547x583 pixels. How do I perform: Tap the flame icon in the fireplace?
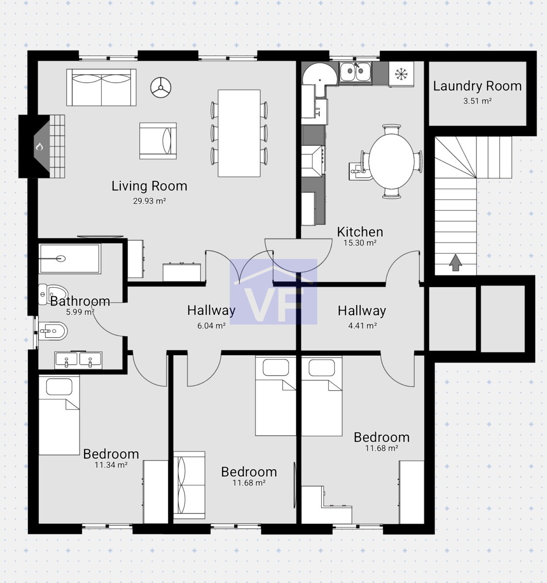click(x=39, y=147)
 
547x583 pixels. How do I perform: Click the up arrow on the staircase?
click(x=455, y=262)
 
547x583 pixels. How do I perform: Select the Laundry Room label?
click(x=478, y=86)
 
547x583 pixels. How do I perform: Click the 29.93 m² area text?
click(x=150, y=201)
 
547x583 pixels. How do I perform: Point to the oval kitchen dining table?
click(x=392, y=161)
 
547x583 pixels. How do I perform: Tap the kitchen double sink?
click(x=355, y=71)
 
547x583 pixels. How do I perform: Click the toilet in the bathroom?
click(x=53, y=294)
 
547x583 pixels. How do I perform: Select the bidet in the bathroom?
click(x=52, y=331)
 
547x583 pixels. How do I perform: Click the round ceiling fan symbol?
click(x=161, y=87)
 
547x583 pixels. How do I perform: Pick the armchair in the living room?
click(x=158, y=141)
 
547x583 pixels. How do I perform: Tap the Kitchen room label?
click(x=360, y=232)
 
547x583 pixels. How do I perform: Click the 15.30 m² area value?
click(x=360, y=243)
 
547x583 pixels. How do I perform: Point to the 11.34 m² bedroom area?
click(x=111, y=464)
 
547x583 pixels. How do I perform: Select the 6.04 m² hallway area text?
click(x=211, y=326)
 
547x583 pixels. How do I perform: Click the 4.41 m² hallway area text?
click(x=362, y=326)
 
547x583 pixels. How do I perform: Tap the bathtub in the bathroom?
click(x=70, y=258)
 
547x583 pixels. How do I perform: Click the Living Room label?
click(x=150, y=186)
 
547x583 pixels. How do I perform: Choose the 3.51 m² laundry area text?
click(x=478, y=101)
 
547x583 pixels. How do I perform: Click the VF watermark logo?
click(x=273, y=292)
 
